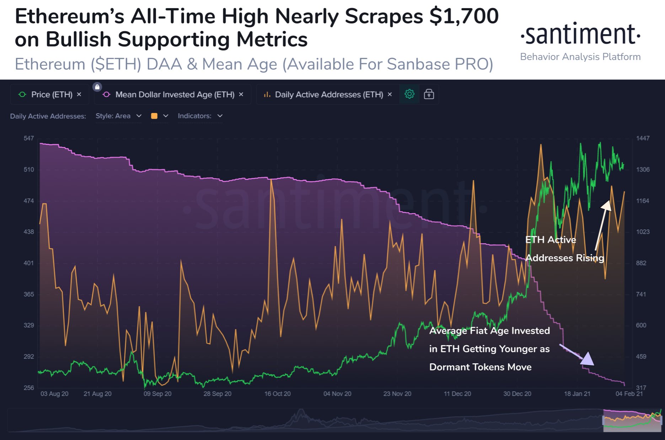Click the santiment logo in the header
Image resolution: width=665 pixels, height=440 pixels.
pos(580,35)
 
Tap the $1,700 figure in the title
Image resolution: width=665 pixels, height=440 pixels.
pos(463,16)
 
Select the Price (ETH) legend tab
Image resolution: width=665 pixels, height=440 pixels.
pos(50,94)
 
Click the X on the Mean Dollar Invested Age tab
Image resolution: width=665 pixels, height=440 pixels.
pos(241,94)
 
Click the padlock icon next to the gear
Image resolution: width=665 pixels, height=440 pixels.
pos(429,94)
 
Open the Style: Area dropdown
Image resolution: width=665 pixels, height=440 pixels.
pos(118,116)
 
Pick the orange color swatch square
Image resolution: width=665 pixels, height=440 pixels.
pos(154,116)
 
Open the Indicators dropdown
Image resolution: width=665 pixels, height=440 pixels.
pos(200,116)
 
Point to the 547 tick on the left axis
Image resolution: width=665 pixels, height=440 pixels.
pos(29,138)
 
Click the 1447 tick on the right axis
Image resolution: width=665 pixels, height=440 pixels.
pos(643,138)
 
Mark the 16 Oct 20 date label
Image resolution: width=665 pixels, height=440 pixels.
pos(277,394)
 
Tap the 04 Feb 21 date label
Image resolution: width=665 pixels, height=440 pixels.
pos(629,394)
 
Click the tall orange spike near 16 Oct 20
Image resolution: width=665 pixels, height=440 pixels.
pos(272,181)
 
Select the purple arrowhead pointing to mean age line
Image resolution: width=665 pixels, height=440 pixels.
pos(588,359)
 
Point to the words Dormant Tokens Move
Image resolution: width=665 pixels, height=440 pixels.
pos(480,367)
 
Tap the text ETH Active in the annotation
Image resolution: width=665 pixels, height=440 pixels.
pos(551,240)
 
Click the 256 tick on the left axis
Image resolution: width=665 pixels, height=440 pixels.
pos(29,388)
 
